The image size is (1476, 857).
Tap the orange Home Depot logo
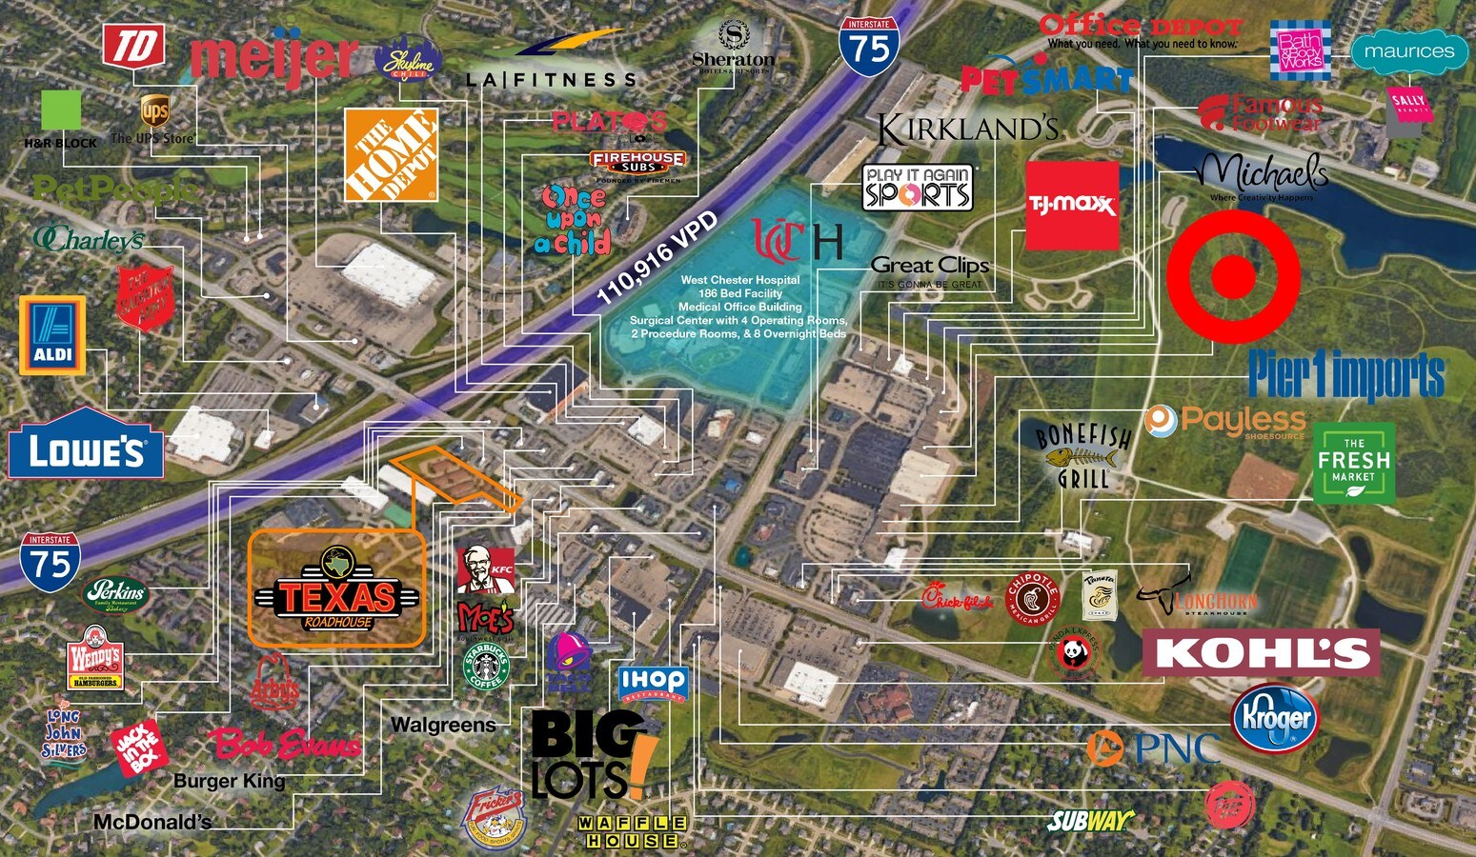pos(391,154)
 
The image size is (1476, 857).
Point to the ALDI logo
pos(52,335)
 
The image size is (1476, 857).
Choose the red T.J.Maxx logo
pos(1072,206)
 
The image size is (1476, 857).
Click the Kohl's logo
pos(1262,653)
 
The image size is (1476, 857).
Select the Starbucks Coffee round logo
pos(486,668)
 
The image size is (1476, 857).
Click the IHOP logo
pos(653,683)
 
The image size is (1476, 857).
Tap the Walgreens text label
pos(443,726)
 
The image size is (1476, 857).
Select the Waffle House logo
pos(632,831)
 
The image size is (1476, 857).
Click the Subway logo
pos(1090,820)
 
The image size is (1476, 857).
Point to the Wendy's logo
pos(95,658)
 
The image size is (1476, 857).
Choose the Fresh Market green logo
pos(1353,463)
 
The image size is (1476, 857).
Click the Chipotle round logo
pos(1033,599)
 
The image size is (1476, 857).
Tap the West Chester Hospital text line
pos(739,280)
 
